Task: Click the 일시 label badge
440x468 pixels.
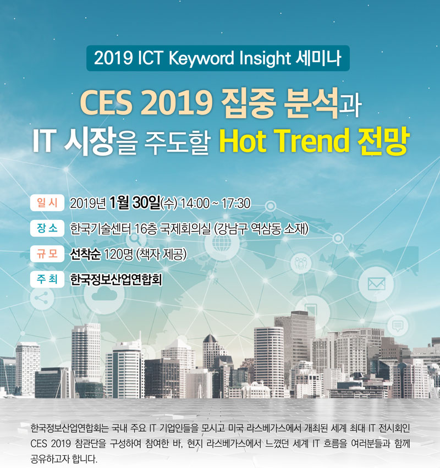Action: pos(47,203)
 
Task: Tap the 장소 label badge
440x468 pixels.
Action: pos(47,228)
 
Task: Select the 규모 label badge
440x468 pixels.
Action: pos(47,254)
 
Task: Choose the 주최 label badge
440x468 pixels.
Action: pos(47,279)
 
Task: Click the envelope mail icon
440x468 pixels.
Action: pos(376,284)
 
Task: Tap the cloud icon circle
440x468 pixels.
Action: pos(104,295)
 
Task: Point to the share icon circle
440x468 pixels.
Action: pos(42,298)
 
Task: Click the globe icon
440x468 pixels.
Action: pos(222,243)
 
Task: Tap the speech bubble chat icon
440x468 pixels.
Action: pos(398,325)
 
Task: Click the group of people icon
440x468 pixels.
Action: pos(301,263)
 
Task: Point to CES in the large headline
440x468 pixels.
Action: pos(106,103)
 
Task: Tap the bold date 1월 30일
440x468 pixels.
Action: pos(135,203)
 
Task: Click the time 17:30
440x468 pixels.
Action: pos(236,203)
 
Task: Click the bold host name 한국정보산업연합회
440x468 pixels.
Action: pos(116,280)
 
